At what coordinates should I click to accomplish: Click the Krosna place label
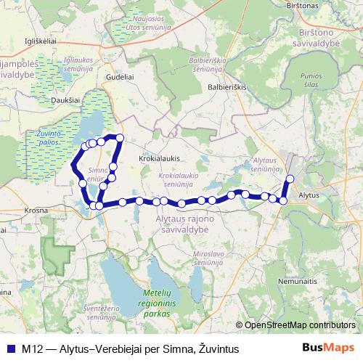(x=36, y=209)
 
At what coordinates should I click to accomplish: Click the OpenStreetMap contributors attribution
(x=299, y=325)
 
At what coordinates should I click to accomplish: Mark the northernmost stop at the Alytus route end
(x=290, y=179)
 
